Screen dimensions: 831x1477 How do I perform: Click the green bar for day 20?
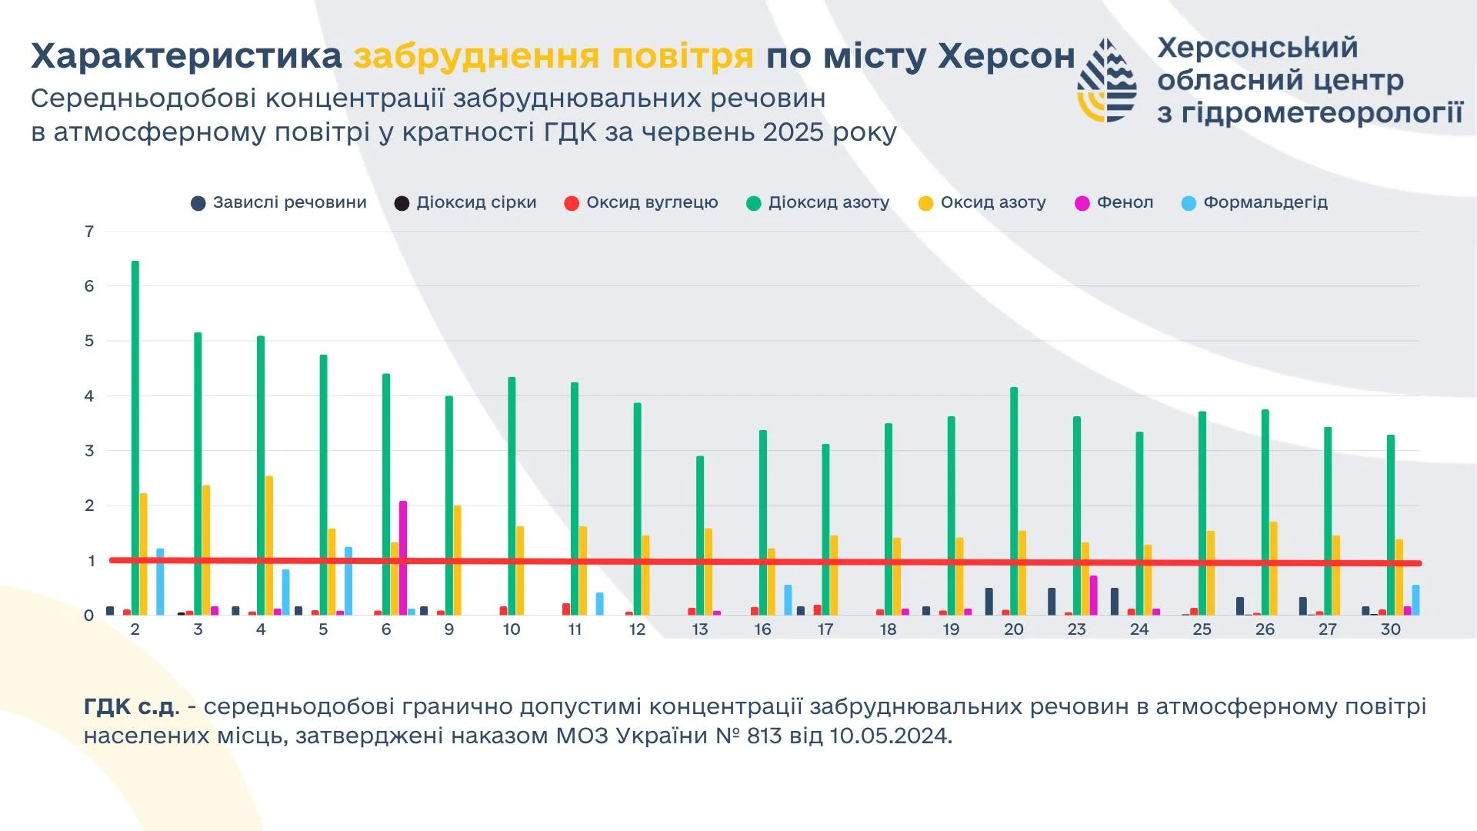[1014, 500]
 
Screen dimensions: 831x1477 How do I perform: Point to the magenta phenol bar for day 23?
[1093, 594]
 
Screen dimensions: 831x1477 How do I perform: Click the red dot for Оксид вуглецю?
[572, 203]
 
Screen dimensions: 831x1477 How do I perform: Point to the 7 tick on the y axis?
[89, 232]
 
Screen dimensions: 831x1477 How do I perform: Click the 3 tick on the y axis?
[89, 451]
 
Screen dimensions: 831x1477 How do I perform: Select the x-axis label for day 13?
[699, 629]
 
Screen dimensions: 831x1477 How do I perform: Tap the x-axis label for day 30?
[1390, 629]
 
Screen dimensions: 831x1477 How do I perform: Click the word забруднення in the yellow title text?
[476, 56]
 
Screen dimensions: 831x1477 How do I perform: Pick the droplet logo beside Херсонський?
[1108, 81]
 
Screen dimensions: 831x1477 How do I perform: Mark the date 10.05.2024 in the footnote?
[891, 736]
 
